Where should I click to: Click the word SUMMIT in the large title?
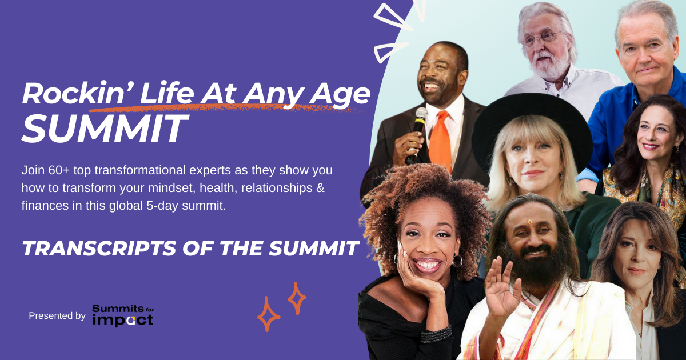click(105, 129)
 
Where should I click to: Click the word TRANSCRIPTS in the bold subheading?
click(99, 248)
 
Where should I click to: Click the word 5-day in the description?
click(162, 206)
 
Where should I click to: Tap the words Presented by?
click(57, 315)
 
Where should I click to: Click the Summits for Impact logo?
click(123, 315)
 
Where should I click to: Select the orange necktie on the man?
click(440, 140)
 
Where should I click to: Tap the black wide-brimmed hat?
click(532, 129)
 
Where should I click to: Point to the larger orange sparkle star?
click(268, 314)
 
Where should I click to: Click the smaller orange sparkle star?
click(297, 298)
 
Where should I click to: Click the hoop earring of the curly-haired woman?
click(457, 261)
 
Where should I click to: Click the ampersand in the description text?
click(320, 188)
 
